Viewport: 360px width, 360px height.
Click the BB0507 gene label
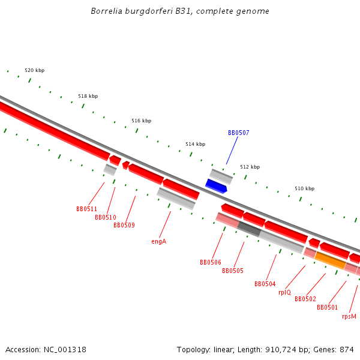point(238,133)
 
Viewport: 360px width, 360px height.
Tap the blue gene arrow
point(216,186)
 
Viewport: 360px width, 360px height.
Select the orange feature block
point(330,260)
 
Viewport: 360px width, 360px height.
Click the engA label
point(158,241)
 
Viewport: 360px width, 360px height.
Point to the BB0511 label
point(86,209)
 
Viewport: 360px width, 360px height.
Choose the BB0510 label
point(106,217)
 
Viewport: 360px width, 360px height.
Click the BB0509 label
point(124,225)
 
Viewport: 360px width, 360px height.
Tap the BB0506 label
point(211,262)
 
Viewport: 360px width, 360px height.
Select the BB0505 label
point(233,271)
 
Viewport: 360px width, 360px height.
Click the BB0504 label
point(265,284)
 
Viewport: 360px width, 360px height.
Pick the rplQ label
point(284,292)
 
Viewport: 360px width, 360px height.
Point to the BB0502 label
point(305,299)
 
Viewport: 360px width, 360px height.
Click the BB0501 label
point(328,307)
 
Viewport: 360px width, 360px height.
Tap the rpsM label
point(349,316)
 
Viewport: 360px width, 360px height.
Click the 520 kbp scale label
point(34,70)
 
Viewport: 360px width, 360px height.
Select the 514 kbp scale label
point(195,144)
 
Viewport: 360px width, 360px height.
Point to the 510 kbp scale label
point(304,188)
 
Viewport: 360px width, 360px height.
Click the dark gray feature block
point(249,228)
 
